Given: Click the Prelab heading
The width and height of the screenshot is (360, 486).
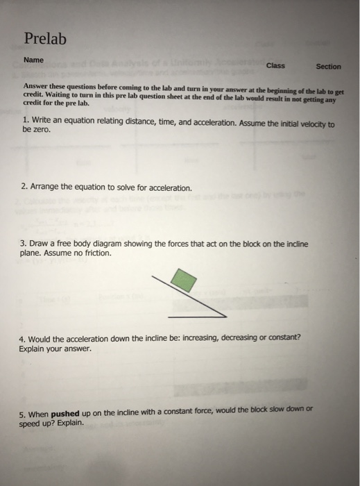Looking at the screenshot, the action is pyautogui.click(x=45, y=39).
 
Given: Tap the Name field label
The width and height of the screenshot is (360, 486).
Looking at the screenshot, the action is pyautogui.click(x=33, y=60).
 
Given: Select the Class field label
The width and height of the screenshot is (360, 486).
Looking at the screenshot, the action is pyautogui.click(x=275, y=66).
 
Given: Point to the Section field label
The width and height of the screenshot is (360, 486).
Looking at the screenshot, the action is pyautogui.click(x=328, y=67).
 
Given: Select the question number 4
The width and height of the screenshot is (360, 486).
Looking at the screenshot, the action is pyautogui.click(x=22, y=337).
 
